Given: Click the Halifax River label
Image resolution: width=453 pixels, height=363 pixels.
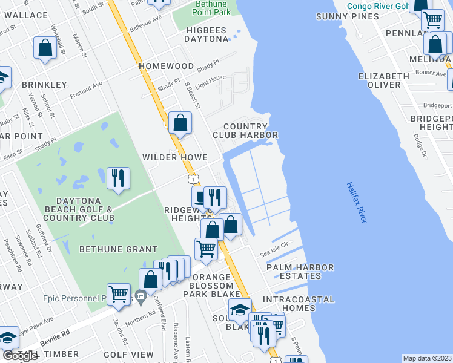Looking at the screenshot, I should pos(357,203).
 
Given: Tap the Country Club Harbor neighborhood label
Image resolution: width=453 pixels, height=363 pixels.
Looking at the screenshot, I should pos(245,130).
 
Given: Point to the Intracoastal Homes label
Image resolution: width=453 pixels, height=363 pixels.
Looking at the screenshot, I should pos(299,304).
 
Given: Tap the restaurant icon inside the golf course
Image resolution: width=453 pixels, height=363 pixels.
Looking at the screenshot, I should pos(117,178).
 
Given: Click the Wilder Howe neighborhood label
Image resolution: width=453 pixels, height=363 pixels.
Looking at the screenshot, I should pos(171,157).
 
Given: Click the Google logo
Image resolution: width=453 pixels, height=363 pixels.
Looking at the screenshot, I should pos(20,356).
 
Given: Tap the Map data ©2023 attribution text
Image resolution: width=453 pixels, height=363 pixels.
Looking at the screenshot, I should pos(427,358).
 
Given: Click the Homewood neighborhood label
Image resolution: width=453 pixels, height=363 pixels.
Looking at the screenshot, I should pos(166,65).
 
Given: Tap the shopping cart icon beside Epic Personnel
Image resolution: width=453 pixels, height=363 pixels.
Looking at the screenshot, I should pos(118,294).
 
